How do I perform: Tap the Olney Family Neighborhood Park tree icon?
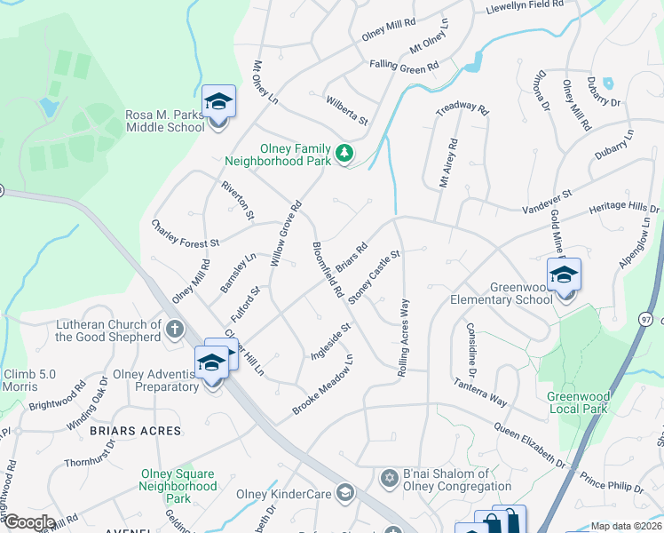(x=345, y=155)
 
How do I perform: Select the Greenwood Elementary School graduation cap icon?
(x=563, y=275)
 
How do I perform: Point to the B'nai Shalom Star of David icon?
(x=388, y=479)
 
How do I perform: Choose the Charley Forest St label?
(x=185, y=235)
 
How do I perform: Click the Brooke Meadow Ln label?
(x=324, y=385)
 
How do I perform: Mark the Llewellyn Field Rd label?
(x=525, y=7)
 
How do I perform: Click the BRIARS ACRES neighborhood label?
(x=135, y=431)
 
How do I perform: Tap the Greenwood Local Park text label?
(x=578, y=402)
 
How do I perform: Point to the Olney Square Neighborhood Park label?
(x=178, y=486)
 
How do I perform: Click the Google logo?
(x=28, y=522)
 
